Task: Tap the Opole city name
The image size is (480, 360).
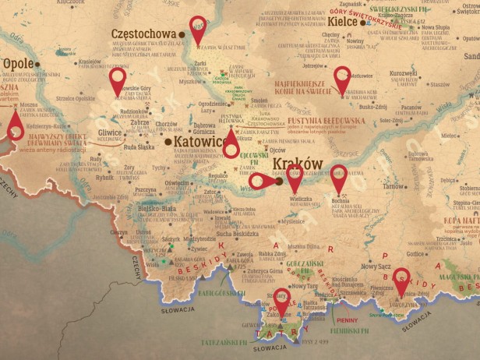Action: coord(18,64)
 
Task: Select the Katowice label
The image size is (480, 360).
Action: coord(199,142)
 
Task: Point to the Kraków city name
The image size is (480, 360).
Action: coord(297,164)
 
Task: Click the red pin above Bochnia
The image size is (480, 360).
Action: coord(338,175)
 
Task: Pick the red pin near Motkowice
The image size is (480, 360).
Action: coord(341,78)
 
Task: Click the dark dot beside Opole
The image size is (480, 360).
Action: coord(41,65)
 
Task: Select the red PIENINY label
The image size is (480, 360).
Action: coord(347,319)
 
